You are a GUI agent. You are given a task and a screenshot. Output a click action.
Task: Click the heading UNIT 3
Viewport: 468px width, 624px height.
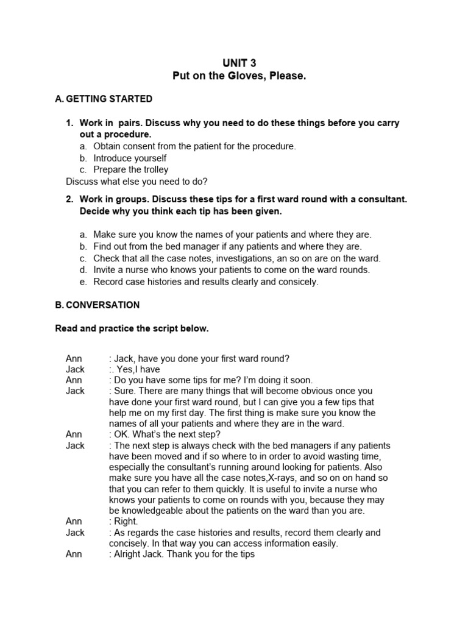(x=233, y=63)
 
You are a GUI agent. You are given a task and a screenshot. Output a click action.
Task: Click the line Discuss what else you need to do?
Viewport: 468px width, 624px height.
(x=136, y=181)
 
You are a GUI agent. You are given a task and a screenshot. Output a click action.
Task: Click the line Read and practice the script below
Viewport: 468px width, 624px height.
(x=132, y=328)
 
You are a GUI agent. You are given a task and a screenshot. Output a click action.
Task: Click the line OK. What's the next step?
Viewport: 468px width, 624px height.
(x=165, y=434)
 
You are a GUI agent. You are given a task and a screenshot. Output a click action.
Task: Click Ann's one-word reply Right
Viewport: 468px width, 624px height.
(x=124, y=522)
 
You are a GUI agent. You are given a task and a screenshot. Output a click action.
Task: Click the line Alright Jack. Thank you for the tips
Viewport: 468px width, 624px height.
(x=182, y=555)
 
